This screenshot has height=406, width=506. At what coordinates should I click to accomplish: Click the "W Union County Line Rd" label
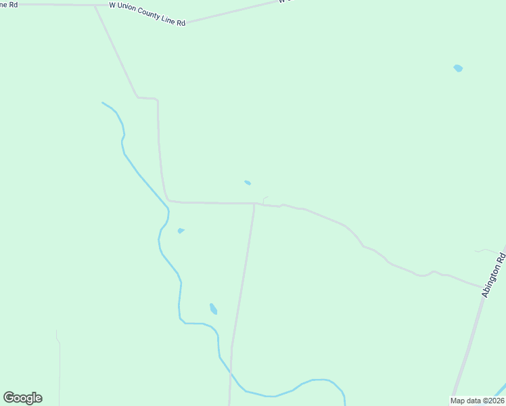(x=147, y=14)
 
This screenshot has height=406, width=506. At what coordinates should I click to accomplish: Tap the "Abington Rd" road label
(x=493, y=275)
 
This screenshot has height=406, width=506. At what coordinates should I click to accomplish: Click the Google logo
(x=22, y=398)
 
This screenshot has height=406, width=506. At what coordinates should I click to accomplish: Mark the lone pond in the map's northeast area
(x=458, y=68)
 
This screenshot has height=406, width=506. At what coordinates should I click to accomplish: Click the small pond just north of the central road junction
(x=248, y=183)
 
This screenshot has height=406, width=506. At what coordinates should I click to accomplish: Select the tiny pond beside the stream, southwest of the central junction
(x=181, y=231)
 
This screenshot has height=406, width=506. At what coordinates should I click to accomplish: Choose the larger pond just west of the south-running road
(x=213, y=309)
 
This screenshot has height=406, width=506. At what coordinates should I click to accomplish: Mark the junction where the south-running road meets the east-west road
(x=254, y=203)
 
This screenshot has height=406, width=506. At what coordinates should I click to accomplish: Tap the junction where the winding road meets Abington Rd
(x=483, y=288)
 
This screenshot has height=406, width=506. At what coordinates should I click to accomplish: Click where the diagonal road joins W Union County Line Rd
(x=94, y=5)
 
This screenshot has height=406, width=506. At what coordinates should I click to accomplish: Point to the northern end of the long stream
(x=103, y=103)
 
